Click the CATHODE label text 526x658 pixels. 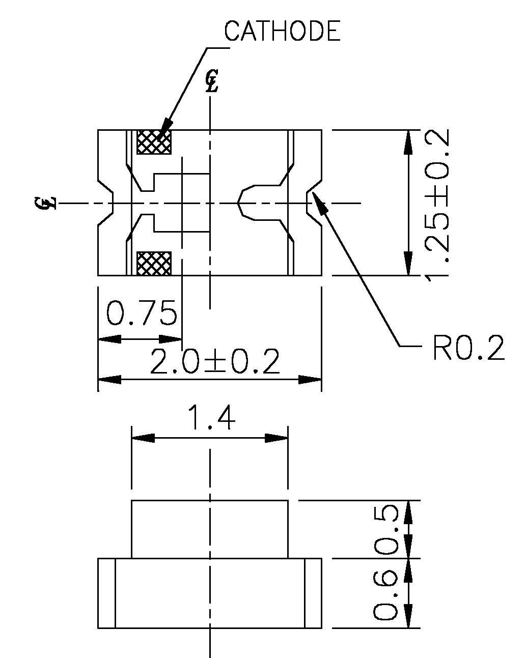click(x=282, y=32)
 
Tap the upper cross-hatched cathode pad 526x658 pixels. click(x=154, y=142)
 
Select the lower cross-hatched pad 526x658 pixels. click(x=154, y=263)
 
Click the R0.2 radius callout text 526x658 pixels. click(x=468, y=348)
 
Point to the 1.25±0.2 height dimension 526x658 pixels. click(x=438, y=203)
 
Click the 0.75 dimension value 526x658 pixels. click(x=141, y=313)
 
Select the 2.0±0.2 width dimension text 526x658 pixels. click(x=215, y=362)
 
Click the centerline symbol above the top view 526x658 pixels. click(x=211, y=81)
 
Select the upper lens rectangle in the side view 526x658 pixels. click(x=210, y=529)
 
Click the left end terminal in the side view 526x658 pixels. click(x=106, y=593)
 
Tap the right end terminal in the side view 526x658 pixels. click(x=313, y=593)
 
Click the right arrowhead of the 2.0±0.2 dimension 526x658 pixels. click(x=310, y=380)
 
